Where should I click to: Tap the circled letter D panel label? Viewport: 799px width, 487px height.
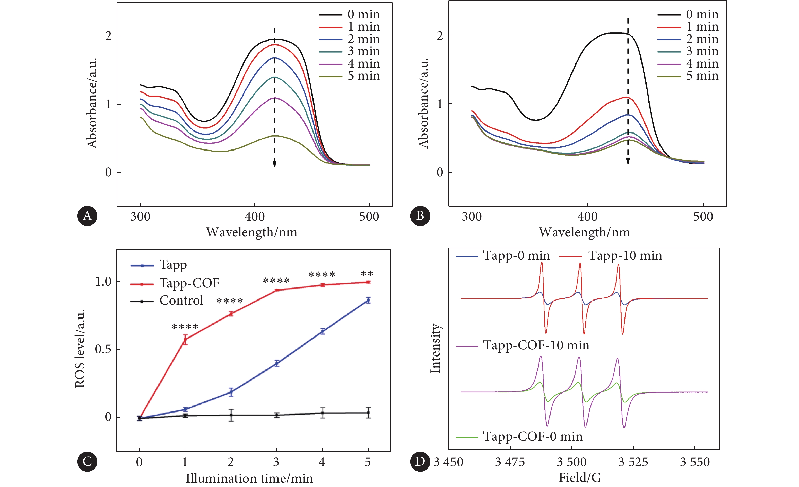click(420, 461)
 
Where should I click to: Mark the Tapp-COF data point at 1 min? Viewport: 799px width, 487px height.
click(185, 340)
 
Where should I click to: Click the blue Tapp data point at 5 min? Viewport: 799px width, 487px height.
click(368, 300)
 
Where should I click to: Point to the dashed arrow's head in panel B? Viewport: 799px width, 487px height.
click(628, 161)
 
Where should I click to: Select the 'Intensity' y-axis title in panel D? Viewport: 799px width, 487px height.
click(435, 348)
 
